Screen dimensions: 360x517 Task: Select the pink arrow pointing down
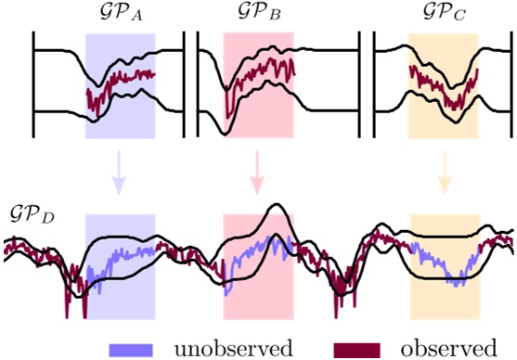(257, 174)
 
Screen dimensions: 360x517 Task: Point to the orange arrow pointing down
(444, 174)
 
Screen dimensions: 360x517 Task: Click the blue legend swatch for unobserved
(137, 349)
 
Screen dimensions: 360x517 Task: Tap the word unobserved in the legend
(230, 348)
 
